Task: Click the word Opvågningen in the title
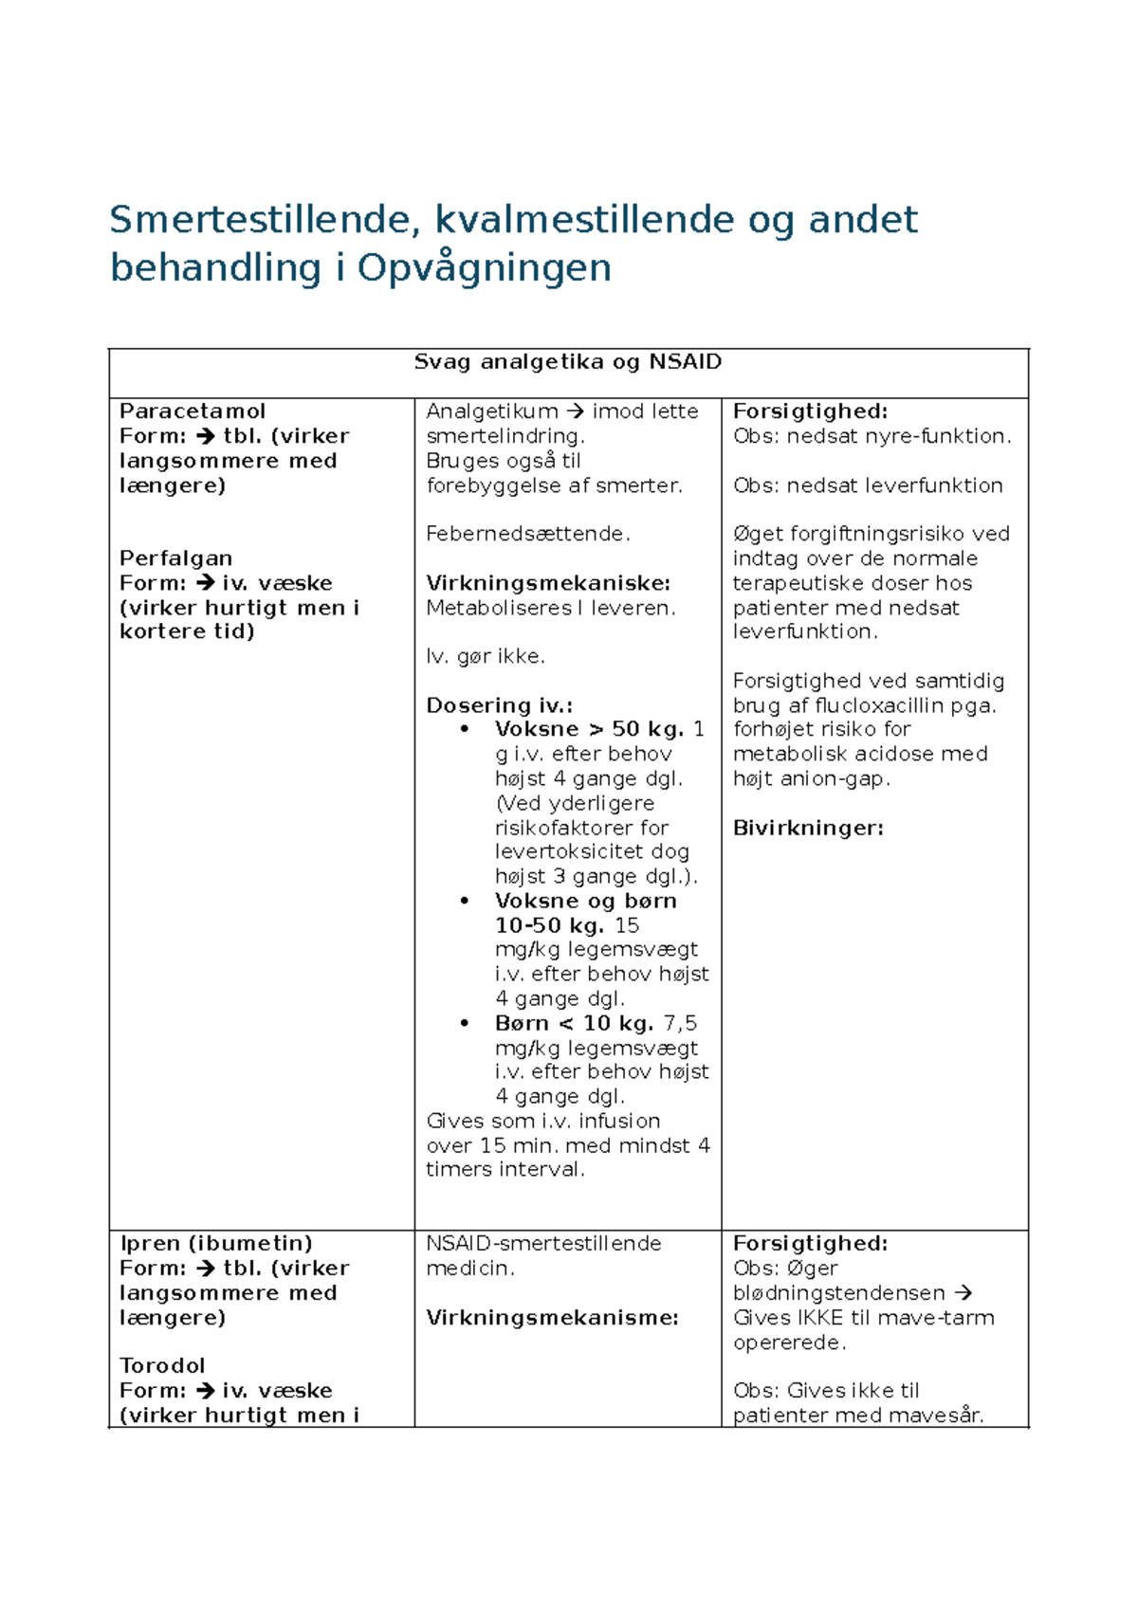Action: [x=484, y=268]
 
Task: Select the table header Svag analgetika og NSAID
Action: [x=567, y=362]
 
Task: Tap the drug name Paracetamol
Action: [x=193, y=411]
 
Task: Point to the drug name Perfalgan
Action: [x=175, y=558]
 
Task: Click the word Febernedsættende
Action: [x=526, y=534]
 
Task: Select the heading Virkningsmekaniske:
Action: [x=548, y=583]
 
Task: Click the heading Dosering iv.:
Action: [x=499, y=705]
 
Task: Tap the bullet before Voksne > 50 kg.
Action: [x=465, y=730]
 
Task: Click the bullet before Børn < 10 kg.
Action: [x=465, y=1023]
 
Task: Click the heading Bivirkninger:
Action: [x=808, y=828]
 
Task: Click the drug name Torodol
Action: [x=162, y=1366]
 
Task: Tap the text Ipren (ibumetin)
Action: [x=216, y=1244]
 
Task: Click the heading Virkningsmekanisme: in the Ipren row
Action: [x=552, y=1318]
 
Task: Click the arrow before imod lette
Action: [x=575, y=411]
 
